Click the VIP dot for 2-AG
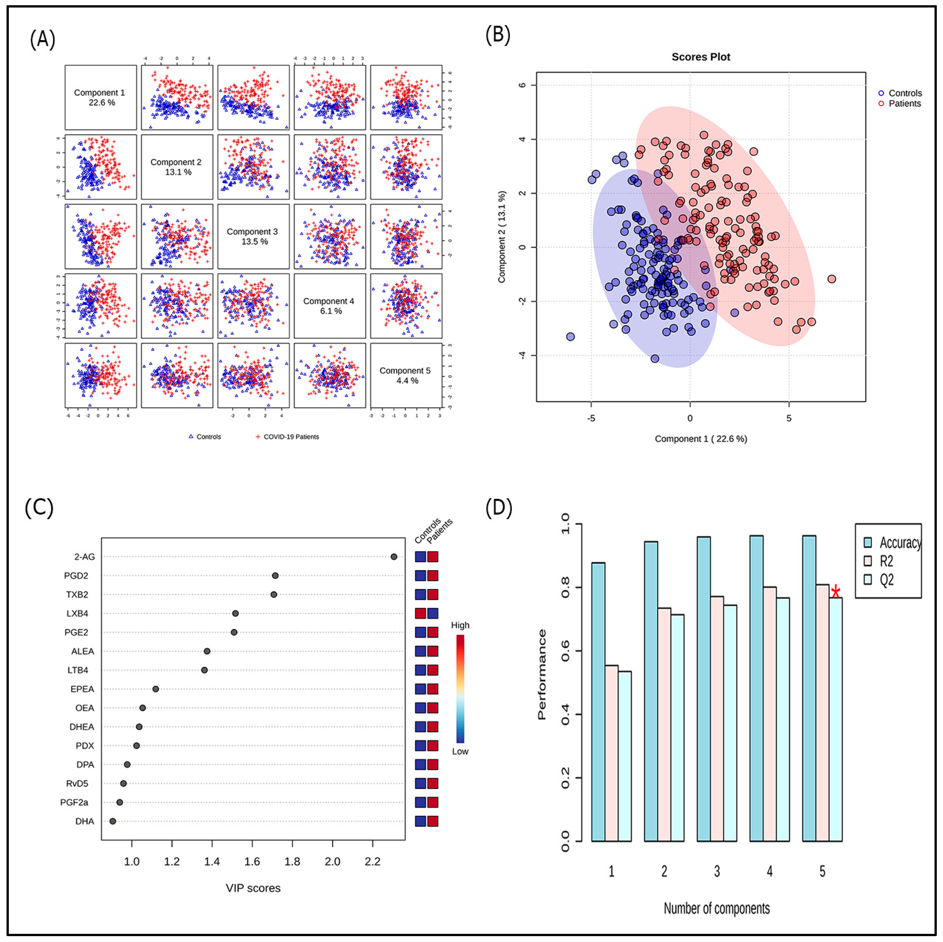[394, 556]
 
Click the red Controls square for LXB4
[420, 614]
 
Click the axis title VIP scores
[253, 888]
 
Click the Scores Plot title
[701, 57]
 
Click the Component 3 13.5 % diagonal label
[253, 236]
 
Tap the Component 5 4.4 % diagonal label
[405, 375]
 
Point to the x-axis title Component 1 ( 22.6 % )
[701, 439]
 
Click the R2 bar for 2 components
[664, 725]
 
